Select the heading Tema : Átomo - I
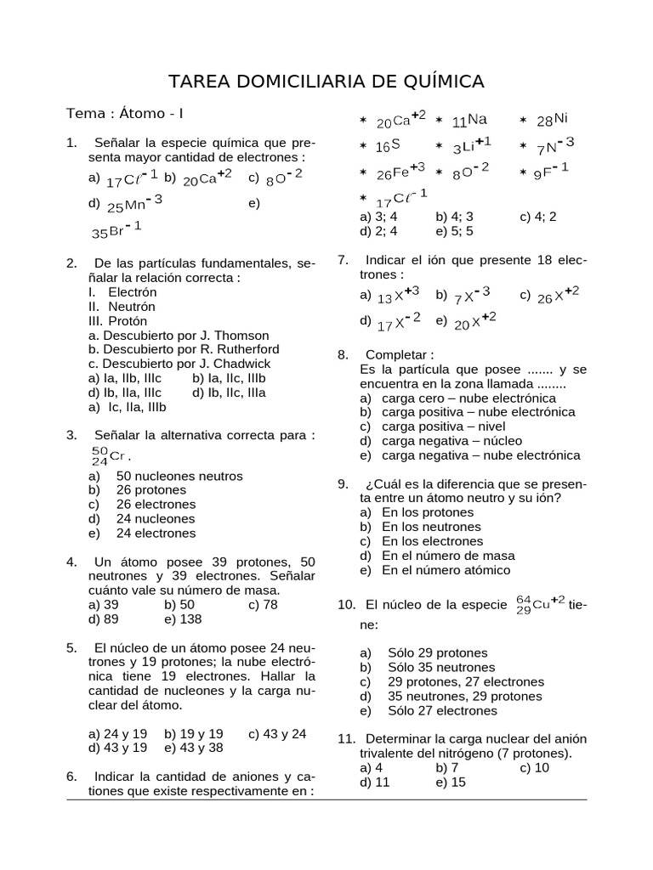click(125, 114)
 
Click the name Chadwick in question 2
click(241, 364)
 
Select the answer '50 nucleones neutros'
click(179, 476)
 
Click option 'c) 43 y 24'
click(277, 733)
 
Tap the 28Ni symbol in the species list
click(553, 120)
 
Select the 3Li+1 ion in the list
click(471, 146)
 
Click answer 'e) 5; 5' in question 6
click(454, 230)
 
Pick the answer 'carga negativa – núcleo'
click(451, 441)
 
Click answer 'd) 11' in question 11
click(375, 782)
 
